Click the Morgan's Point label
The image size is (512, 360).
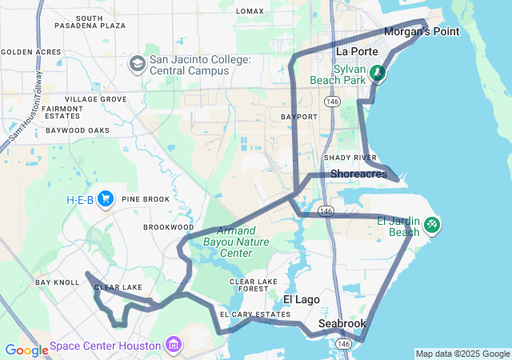pyautogui.click(x=422, y=32)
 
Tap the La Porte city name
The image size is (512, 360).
pyautogui.click(x=352, y=51)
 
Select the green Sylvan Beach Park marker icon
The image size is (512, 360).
pyautogui.click(x=377, y=74)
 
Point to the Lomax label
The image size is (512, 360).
pyautogui.click(x=250, y=11)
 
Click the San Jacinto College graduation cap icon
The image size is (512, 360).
pyautogui.click(x=137, y=62)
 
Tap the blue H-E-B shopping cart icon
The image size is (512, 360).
pyautogui.click(x=105, y=199)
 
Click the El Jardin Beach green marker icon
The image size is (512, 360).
pyautogui.click(x=432, y=226)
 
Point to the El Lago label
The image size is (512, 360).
pyautogui.click(x=302, y=299)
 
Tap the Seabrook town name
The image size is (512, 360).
pyautogui.click(x=342, y=323)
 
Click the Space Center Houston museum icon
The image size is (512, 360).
pyautogui.click(x=172, y=346)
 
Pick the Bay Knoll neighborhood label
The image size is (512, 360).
pyautogui.click(x=57, y=282)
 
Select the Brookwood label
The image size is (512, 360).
pyautogui.click(x=169, y=227)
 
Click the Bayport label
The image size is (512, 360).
pyautogui.click(x=299, y=116)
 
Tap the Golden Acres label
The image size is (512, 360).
pyautogui.click(x=31, y=52)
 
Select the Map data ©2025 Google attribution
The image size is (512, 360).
pyautogui.click(x=462, y=354)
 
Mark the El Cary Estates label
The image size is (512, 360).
pyautogui.click(x=259, y=314)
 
